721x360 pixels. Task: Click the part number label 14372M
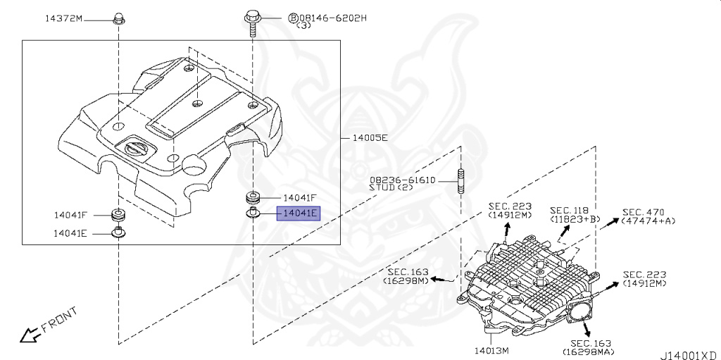pyautogui.click(x=63, y=19)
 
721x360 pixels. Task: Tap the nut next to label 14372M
pyautogui.click(x=118, y=19)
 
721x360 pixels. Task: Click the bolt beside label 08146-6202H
pyautogui.click(x=252, y=23)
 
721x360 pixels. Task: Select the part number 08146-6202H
pyautogui.click(x=333, y=18)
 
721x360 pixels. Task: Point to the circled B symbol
pyautogui.click(x=293, y=18)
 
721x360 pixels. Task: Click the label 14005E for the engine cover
pyautogui.click(x=370, y=137)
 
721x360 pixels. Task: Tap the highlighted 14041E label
pyautogui.click(x=298, y=213)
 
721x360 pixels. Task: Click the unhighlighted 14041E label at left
pyautogui.click(x=70, y=233)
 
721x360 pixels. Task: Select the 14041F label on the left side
pyautogui.click(x=70, y=215)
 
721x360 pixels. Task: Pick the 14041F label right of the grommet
pyautogui.click(x=300, y=198)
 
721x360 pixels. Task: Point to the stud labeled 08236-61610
pyautogui.click(x=460, y=181)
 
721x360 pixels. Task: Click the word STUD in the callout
pyautogui.click(x=382, y=187)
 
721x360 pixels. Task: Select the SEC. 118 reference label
pyautogui.click(x=569, y=211)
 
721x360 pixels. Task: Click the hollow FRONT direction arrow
pyautogui.click(x=28, y=335)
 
